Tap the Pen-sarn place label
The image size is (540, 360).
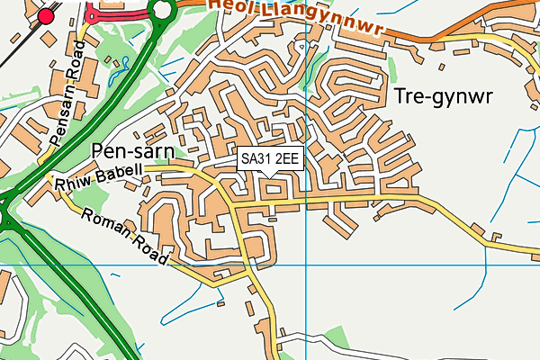point(139,150)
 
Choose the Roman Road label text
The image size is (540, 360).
point(125,237)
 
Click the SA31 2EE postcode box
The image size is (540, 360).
point(271,158)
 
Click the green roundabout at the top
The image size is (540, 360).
point(162,11)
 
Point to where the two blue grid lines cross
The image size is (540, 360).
point(306,265)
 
